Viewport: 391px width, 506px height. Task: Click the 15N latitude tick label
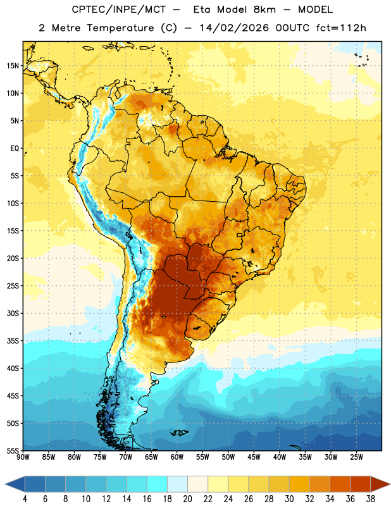tap(13, 66)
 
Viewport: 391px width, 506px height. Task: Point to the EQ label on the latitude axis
tap(15, 149)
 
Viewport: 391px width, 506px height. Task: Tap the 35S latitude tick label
tap(13, 341)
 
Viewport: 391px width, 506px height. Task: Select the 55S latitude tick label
tap(13, 450)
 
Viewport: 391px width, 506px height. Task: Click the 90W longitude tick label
tap(23, 457)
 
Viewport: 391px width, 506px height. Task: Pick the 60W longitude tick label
tap(177, 457)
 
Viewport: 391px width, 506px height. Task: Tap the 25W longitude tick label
tap(356, 457)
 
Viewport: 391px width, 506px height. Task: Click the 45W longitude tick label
tap(254, 457)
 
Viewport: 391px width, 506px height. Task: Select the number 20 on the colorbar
tap(187, 499)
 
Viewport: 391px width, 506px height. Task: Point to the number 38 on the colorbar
tap(370, 499)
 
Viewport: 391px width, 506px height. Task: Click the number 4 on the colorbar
tap(25, 499)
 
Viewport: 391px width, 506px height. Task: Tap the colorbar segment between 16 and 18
tap(158, 484)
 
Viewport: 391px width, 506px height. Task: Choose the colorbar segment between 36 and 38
tap(361, 484)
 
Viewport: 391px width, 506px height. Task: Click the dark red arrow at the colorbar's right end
tap(380, 484)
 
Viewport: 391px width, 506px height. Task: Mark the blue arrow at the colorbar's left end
tap(15, 484)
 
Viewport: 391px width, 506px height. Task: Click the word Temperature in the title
tap(120, 28)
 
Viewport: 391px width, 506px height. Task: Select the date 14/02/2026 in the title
tap(234, 28)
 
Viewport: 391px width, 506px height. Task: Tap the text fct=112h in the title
tap(341, 28)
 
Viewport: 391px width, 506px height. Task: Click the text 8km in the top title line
tap(264, 9)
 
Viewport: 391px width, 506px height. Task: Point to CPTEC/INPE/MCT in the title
tap(119, 9)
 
